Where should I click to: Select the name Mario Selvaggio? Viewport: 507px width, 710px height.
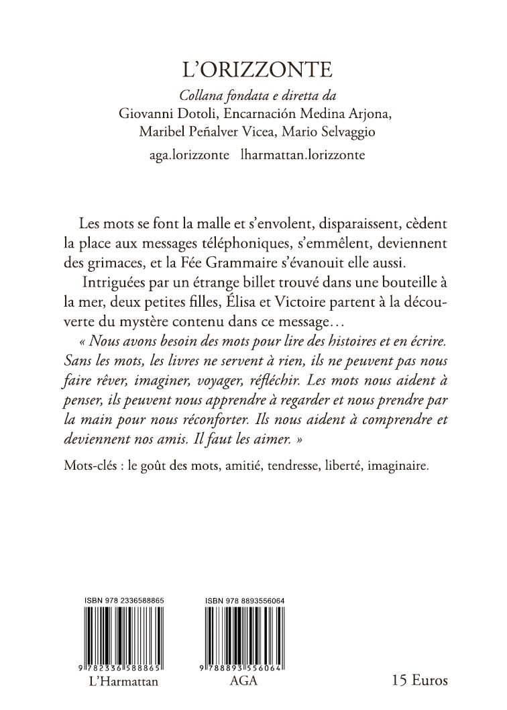coord(349,132)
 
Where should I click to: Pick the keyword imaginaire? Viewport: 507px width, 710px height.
coord(392,464)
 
